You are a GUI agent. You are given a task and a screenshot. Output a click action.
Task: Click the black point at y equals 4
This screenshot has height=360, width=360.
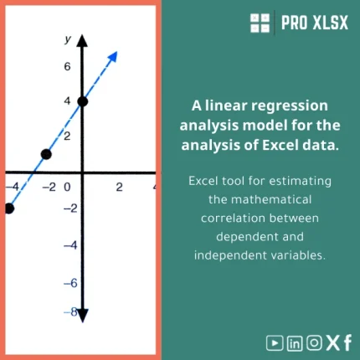[82, 101]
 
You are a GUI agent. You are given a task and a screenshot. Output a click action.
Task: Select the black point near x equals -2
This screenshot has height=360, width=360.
[46, 154]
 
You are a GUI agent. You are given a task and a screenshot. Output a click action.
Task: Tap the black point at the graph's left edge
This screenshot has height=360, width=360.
[8, 208]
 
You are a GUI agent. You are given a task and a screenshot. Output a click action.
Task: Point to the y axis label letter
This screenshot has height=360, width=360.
[69, 39]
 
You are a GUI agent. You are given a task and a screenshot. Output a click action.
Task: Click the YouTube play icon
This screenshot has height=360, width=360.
[273, 342]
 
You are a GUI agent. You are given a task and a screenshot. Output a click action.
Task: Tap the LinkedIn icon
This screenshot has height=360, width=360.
[294, 342]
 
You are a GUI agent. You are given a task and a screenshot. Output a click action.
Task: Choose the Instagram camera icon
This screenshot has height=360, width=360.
[314, 342]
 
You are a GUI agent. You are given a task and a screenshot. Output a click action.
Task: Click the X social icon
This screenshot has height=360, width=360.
[332, 342]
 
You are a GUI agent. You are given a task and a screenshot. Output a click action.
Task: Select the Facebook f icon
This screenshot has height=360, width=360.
[347, 342]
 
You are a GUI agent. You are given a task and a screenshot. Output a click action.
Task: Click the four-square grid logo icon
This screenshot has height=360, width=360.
[260, 23]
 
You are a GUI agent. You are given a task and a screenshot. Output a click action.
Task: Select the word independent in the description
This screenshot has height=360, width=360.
[230, 254]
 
